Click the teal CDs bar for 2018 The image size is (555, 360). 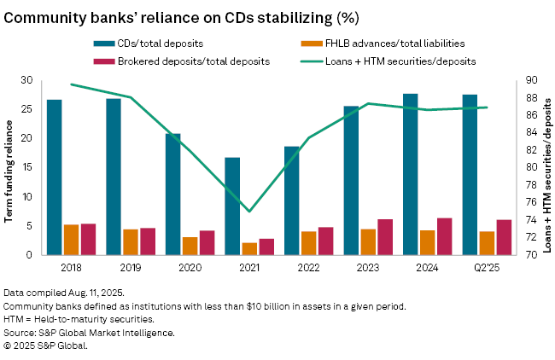(x=54, y=177)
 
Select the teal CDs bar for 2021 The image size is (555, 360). (x=232, y=206)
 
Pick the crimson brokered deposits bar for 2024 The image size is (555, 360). (x=444, y=236)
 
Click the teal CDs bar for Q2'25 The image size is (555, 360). (x=470, y=175)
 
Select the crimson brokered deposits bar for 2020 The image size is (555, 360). (x=207, y=242)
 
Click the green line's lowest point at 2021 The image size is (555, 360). (x=249, y=211)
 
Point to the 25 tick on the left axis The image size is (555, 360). (x=26, y=109)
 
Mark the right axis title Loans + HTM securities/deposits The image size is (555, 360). (x=548, y=166)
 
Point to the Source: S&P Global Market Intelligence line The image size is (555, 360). (x=90, y=333)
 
